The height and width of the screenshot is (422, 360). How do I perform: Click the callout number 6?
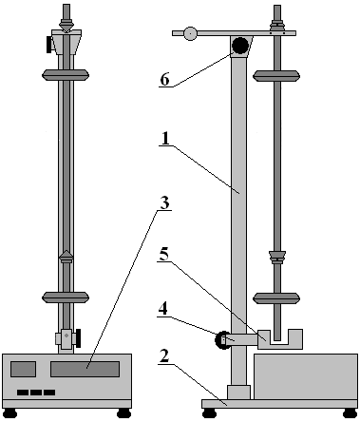(x=164, y=79)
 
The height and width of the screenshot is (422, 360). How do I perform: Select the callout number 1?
(x=165, y=139)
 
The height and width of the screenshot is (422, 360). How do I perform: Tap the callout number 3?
(x=164, y=203)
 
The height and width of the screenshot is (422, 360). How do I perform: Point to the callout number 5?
(x=163, y=255)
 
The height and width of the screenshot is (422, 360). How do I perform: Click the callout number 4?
(x=162, y=309)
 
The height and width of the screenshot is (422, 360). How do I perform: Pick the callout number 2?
(x=164, y=356)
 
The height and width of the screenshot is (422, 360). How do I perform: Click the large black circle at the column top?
(x=240, y=46)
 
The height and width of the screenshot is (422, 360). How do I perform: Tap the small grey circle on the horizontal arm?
(x=190, y=33)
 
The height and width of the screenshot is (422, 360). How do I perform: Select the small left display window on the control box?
(x=23, y=369)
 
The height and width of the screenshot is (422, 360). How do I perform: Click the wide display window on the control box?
(x=85, y=369)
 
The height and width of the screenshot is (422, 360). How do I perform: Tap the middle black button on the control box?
(x=36, y=393)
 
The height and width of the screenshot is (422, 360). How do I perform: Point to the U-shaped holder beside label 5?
(x=280, y=339)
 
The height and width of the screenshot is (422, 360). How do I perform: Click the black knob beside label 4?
(x=223, y=340)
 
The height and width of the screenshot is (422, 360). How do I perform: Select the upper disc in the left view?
(x=66, y=75)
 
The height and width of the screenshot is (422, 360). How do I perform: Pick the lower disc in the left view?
(x=66, y=297)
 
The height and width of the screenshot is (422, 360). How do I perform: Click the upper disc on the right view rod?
(x=276, y=76)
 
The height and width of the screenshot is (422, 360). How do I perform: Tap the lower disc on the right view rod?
(x=276, y=298)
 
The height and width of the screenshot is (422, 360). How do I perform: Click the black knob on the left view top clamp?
(x=49, y=45)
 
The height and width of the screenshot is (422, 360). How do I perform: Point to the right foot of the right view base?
(x=351, y=413)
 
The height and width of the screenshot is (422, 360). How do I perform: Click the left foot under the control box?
(x=10, y=413)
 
